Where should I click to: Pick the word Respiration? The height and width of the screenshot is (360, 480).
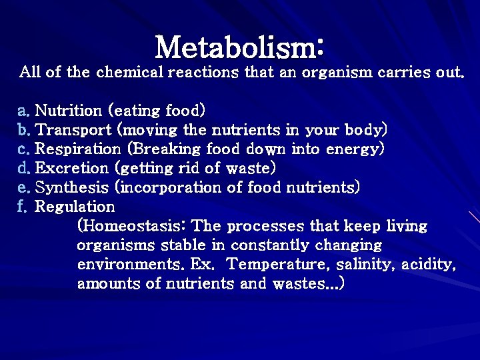click(75, 148)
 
